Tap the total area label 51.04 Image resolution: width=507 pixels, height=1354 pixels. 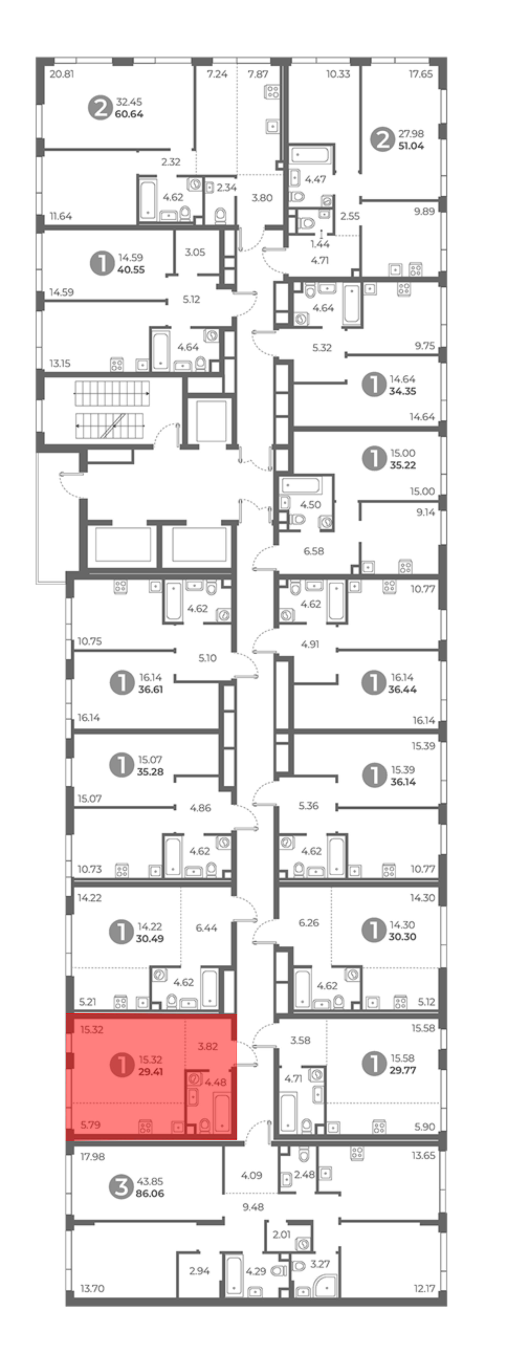pos(411,146)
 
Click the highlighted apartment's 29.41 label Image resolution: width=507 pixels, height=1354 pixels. pos(150,1071)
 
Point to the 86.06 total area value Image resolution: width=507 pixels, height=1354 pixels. pos(150,1193)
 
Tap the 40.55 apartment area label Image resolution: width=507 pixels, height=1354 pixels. pos(131,270)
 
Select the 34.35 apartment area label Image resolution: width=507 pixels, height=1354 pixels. pos(403,391)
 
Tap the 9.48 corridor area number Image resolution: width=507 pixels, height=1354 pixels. pos(253,1207)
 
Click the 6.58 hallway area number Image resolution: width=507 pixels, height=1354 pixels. pos(314,551)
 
